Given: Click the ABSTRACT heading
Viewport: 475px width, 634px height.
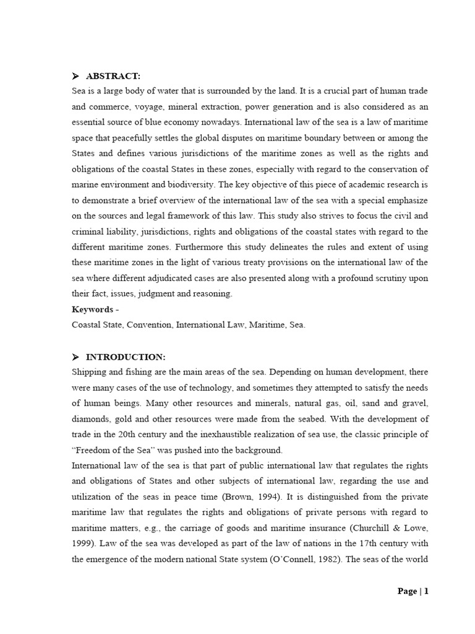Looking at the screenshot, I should click(113, 76).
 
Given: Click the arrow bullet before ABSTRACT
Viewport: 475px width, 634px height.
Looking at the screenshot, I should click(75, 76).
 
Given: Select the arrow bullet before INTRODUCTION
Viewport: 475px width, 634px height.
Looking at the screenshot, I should click(75, 357).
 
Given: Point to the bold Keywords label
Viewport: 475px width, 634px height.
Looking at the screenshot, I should click(93, 309).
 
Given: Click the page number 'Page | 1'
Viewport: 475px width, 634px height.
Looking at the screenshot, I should click(413, 591).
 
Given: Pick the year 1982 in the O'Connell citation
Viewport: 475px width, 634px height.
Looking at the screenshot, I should click(322, 559).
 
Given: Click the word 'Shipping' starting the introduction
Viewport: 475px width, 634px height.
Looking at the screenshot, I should click(89, 371).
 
